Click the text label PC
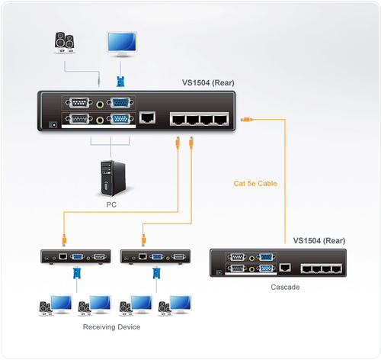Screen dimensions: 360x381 point(111,205)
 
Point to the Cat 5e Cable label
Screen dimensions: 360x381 point(255,183)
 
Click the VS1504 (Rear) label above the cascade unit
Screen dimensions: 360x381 point(319,240)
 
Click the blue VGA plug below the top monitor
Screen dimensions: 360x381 point(119,80)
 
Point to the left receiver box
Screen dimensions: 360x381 point(75,257)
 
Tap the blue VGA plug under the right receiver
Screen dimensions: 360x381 point(156,274)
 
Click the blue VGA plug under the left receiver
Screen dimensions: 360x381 point(76,274)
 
